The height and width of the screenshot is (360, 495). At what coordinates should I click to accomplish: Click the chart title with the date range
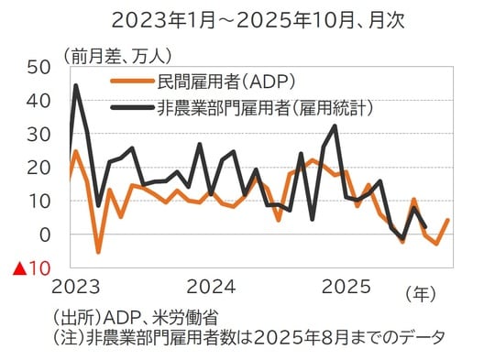247,19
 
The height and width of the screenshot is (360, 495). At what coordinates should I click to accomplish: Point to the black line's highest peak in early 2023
75,86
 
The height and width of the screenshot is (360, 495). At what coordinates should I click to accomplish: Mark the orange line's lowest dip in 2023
98,251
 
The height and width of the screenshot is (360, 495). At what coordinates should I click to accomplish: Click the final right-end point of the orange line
448,220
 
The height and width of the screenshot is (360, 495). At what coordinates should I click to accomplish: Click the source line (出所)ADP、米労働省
136,317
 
